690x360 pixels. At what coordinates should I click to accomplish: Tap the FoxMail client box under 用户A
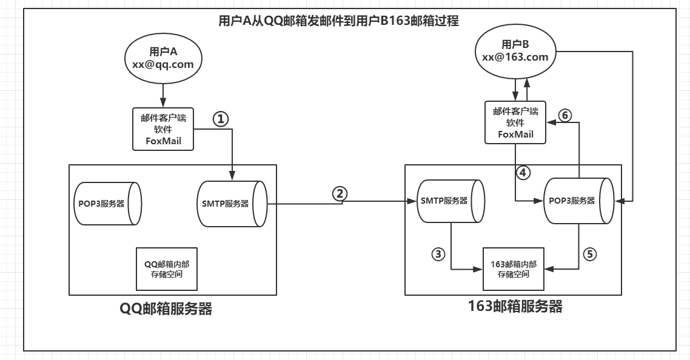(163, 129)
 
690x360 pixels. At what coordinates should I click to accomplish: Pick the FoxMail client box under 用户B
(515, 122)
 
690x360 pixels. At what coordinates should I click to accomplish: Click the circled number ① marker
(221, 119)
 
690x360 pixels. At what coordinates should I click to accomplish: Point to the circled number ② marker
(340, 194)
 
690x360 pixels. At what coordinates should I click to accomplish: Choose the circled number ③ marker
(438, 254)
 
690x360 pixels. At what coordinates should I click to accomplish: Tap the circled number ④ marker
(523, 173)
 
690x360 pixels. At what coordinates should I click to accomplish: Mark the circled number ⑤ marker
(590, 254)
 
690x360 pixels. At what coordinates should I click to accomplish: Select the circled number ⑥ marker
(565, 115)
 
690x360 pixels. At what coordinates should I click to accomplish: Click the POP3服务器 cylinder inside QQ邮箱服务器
(108, 204)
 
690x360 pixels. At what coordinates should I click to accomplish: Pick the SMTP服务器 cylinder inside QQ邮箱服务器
(232, 204)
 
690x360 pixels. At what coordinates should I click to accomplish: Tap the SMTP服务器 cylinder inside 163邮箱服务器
(450, 201)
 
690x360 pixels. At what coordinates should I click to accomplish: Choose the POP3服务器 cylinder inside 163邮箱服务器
(578, 201)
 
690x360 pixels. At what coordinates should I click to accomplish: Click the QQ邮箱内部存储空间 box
(167, 269)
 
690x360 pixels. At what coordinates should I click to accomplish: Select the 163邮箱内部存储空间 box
(514, 269)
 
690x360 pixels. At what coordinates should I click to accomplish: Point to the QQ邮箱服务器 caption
(166, 308)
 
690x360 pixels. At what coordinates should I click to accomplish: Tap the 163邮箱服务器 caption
(515, 306)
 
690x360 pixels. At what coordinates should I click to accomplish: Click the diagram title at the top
(339, 21)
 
